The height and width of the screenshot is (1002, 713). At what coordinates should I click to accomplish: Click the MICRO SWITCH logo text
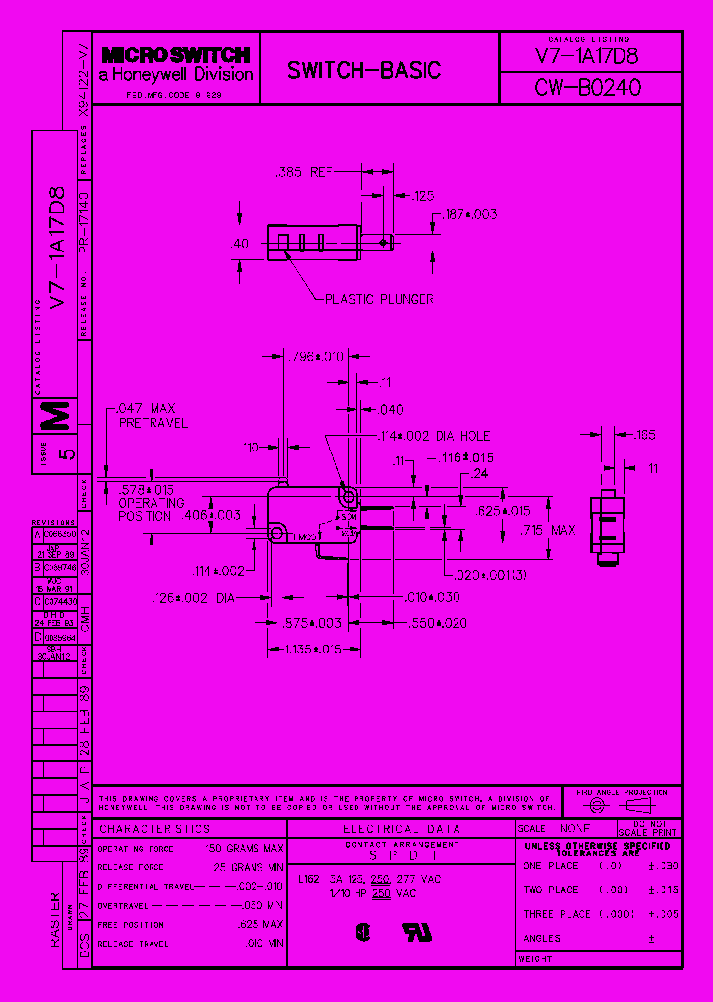175,56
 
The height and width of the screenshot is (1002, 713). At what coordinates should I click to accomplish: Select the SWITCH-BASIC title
363,71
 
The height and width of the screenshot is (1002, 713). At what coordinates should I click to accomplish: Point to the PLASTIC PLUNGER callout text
379,298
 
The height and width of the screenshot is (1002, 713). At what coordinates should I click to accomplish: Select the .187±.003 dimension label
470,214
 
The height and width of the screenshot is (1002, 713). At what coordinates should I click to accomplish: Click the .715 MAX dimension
549,531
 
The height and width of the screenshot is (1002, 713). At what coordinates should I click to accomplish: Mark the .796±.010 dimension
313,356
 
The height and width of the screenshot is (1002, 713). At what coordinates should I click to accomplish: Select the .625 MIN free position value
261,924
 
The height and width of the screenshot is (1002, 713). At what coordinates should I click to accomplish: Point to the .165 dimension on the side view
644,434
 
